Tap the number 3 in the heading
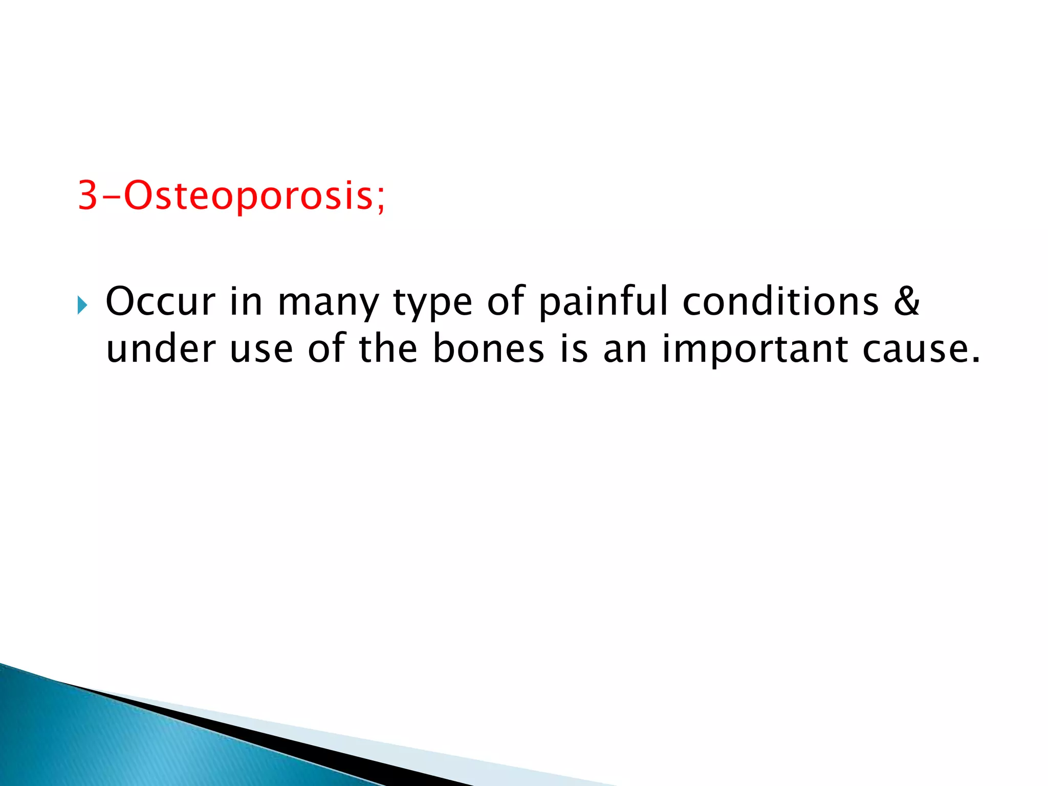(x=88, y=195)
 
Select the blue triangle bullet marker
(x=82, y=305)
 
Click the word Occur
(x=160, y=302)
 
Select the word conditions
(x=780, y=302)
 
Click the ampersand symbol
(x=906, y=302)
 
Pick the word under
(x=161, y=349)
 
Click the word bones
(x=488, y=349)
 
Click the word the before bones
(x=388, y=349)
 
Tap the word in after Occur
(x=246, y=302)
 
